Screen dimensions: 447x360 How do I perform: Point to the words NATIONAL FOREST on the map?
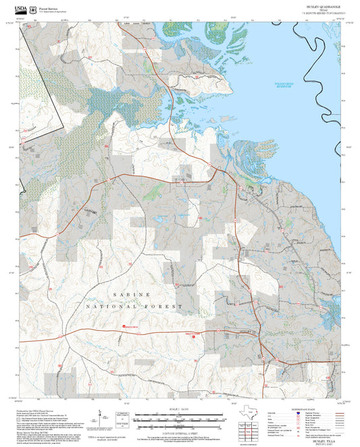[x=134, y=307]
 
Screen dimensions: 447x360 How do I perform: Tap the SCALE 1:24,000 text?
[x=179, y=409]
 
